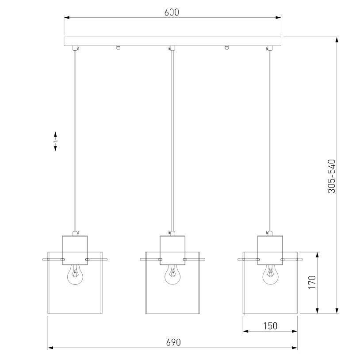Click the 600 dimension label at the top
172,12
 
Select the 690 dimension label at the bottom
173,342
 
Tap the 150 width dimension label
270,326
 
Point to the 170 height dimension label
312,283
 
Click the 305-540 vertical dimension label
331,176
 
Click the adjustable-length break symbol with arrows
56,142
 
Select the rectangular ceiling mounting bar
172,42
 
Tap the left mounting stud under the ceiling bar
118,47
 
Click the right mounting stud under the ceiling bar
227,47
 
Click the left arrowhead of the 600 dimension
67,18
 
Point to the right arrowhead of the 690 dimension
295,348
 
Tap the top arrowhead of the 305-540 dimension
337,40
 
